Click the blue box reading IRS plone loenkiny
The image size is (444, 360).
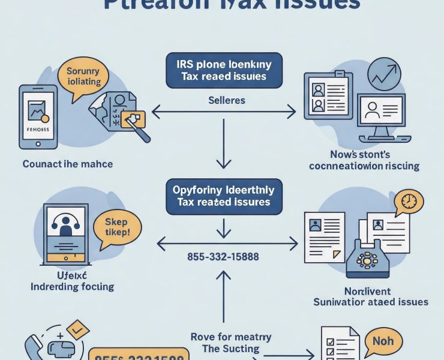tap(223, 70)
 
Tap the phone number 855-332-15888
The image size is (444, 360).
tap(223, 257)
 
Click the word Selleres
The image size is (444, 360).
tap(226, 100)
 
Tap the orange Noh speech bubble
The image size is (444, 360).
tap(382, 342)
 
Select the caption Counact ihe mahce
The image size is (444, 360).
tap(67, 164)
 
